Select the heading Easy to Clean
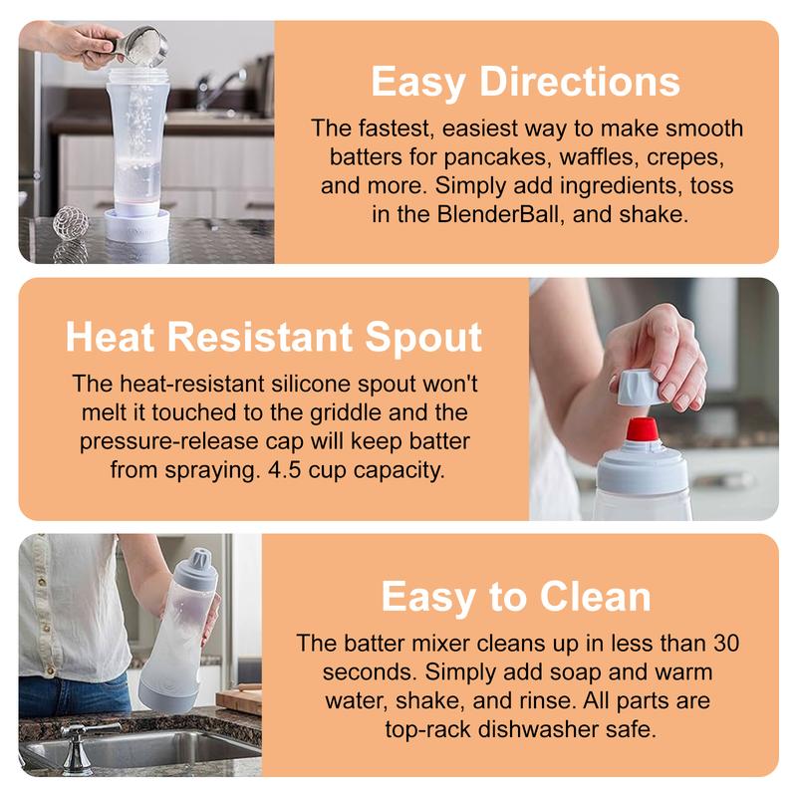pyautogui.click(x=516, y=596)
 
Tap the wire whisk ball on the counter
pyautogui.click(x=71, y=221)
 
